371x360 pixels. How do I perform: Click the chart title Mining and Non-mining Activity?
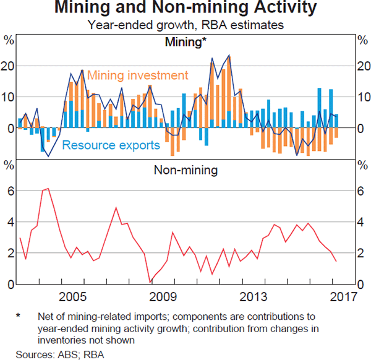(185, 9)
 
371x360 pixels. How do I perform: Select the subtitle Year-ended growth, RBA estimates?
(185, 25)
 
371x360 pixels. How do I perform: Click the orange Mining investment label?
(137, 75)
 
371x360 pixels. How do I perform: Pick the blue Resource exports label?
(111, 145)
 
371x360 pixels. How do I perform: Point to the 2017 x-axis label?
(343, 294)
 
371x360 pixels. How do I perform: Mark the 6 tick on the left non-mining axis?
(9, 191)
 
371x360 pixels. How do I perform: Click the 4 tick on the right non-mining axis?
(362, 222)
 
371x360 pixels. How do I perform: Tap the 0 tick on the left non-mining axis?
(9, 285)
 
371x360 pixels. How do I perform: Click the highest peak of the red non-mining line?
(48, 189)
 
